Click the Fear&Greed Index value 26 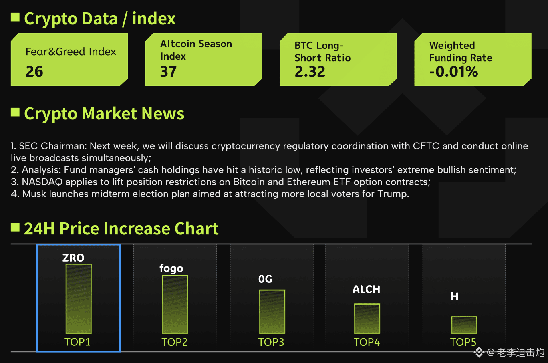click(x=34, y=71)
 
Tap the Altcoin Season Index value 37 click(x=168, y=71)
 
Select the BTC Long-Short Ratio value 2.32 click(x=310, y=71)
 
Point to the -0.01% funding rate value click(x=454, y=72)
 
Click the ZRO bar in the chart click(x=79, y=298)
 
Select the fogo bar click(x=175, y=304)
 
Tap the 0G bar click(x=272, y=311)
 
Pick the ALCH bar click(x=367, y=319)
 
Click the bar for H click(x=464, y=325)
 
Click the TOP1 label click(x=78, y=342)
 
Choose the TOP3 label click(x=271, y=342)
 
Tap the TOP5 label click(x=463, y=342)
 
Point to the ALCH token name click(x=366, y=289)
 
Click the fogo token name click(x=171, y=268)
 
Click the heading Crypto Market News click(x=104, y=113)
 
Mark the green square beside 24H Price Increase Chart click(x=15, y=228)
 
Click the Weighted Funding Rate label click(x=461, y=52)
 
